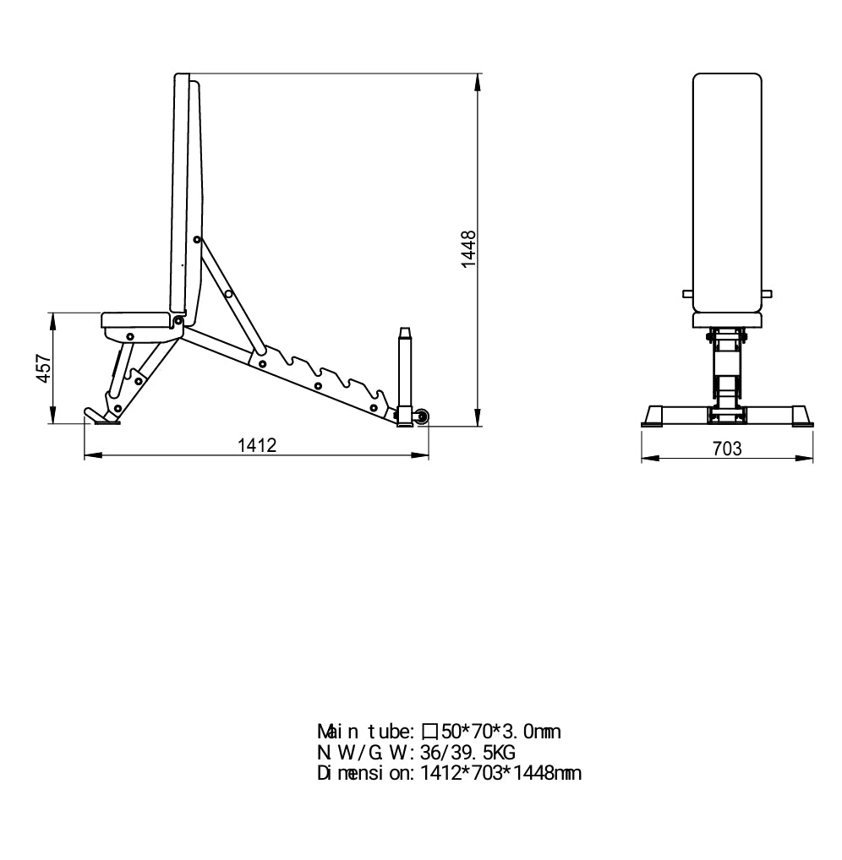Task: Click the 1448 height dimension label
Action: click(469, 249)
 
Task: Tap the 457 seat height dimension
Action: click(44, 369)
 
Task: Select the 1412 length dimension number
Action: click(257, 445)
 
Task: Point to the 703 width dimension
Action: click(727, 449)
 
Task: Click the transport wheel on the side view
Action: click(422, 416)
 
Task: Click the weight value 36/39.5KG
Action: click(467, 752)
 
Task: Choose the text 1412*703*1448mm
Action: click(500, 772)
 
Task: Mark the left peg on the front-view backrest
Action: click(688, 294)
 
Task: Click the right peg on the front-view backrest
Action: click(766, 294)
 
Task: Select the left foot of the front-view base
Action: click(653, 415)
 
